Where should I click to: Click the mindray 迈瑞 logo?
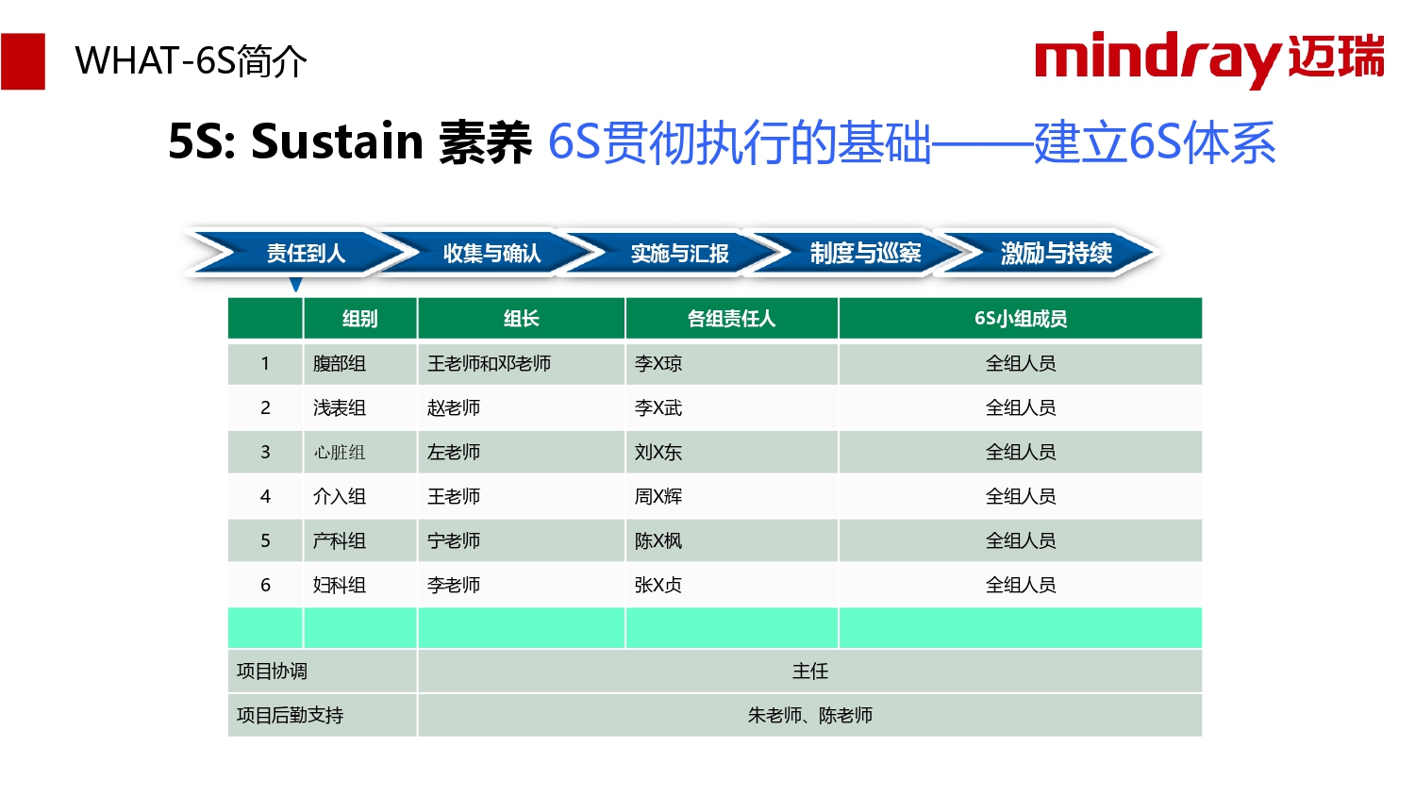[x=1209, y=59]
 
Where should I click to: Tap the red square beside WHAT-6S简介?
[x=23, y=61]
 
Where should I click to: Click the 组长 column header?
[x=521, y=319]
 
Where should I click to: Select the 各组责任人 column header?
[x=731, y=319]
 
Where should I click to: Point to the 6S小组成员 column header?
[x=1021, y=319]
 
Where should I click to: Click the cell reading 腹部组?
[x=340, y=363]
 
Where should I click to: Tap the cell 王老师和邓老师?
[x=489, y=363]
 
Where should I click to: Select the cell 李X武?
[x=658, y=407]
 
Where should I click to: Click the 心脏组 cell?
[x=340, y=453]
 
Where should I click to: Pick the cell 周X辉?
[x=658, y=496]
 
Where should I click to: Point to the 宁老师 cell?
[x=454, y=540]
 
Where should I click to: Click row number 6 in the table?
[x=265, y=585]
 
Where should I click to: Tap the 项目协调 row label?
[x=272, y=671]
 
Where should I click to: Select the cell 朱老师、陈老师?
[x=809, y=715]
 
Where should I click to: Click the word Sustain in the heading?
[x=338, y=141]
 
